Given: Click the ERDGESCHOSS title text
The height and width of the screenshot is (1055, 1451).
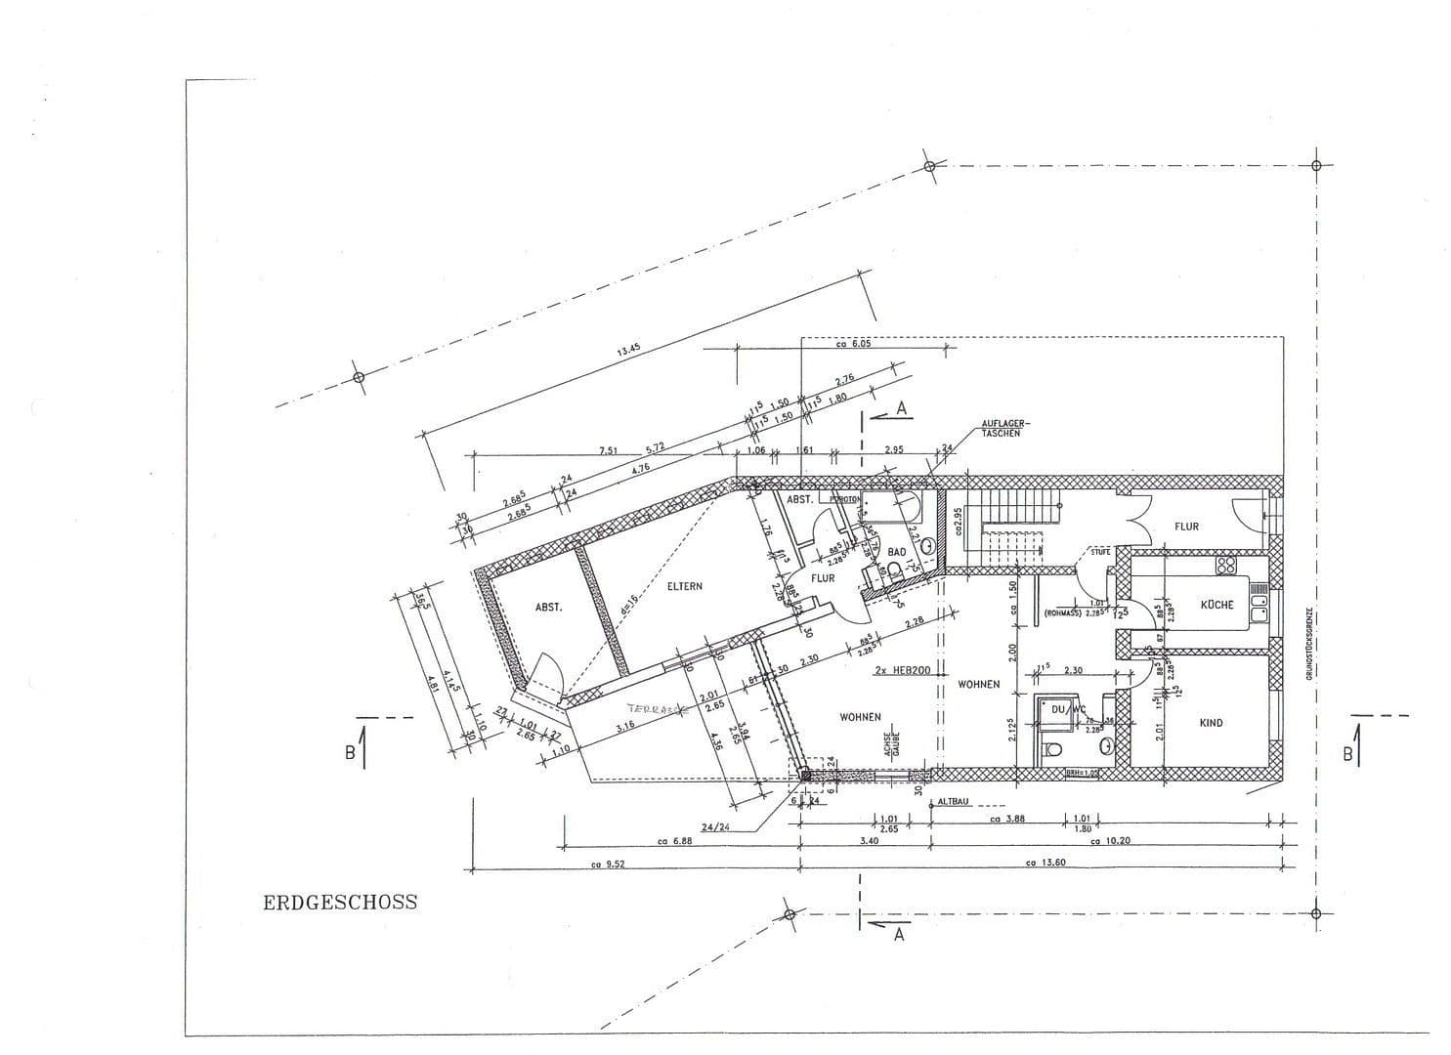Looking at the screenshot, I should tap(340, 903).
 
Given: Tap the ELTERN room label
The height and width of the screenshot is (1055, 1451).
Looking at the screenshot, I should tap(685, 587).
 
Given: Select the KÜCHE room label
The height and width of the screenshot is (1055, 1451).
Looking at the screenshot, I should tap(1216, 605).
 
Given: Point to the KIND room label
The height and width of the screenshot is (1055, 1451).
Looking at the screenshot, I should tap(1211, 723).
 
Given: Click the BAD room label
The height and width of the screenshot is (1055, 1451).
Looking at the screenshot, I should tap(896, 552).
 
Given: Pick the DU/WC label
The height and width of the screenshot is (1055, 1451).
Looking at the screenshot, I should tap(1062, 709).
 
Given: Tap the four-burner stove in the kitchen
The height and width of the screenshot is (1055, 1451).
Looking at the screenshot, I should tap(1225, 566).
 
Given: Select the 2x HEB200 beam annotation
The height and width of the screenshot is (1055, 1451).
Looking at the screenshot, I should tap(902, 670).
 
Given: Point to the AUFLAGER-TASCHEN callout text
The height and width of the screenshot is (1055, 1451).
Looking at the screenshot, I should tap(1002, 429).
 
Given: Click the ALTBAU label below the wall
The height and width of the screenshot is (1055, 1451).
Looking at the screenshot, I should tap(955, 801).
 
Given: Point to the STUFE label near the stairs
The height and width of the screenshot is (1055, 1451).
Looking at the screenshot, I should tap(1099, 552).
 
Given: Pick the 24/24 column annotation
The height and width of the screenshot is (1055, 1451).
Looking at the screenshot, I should tap(715, 826).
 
